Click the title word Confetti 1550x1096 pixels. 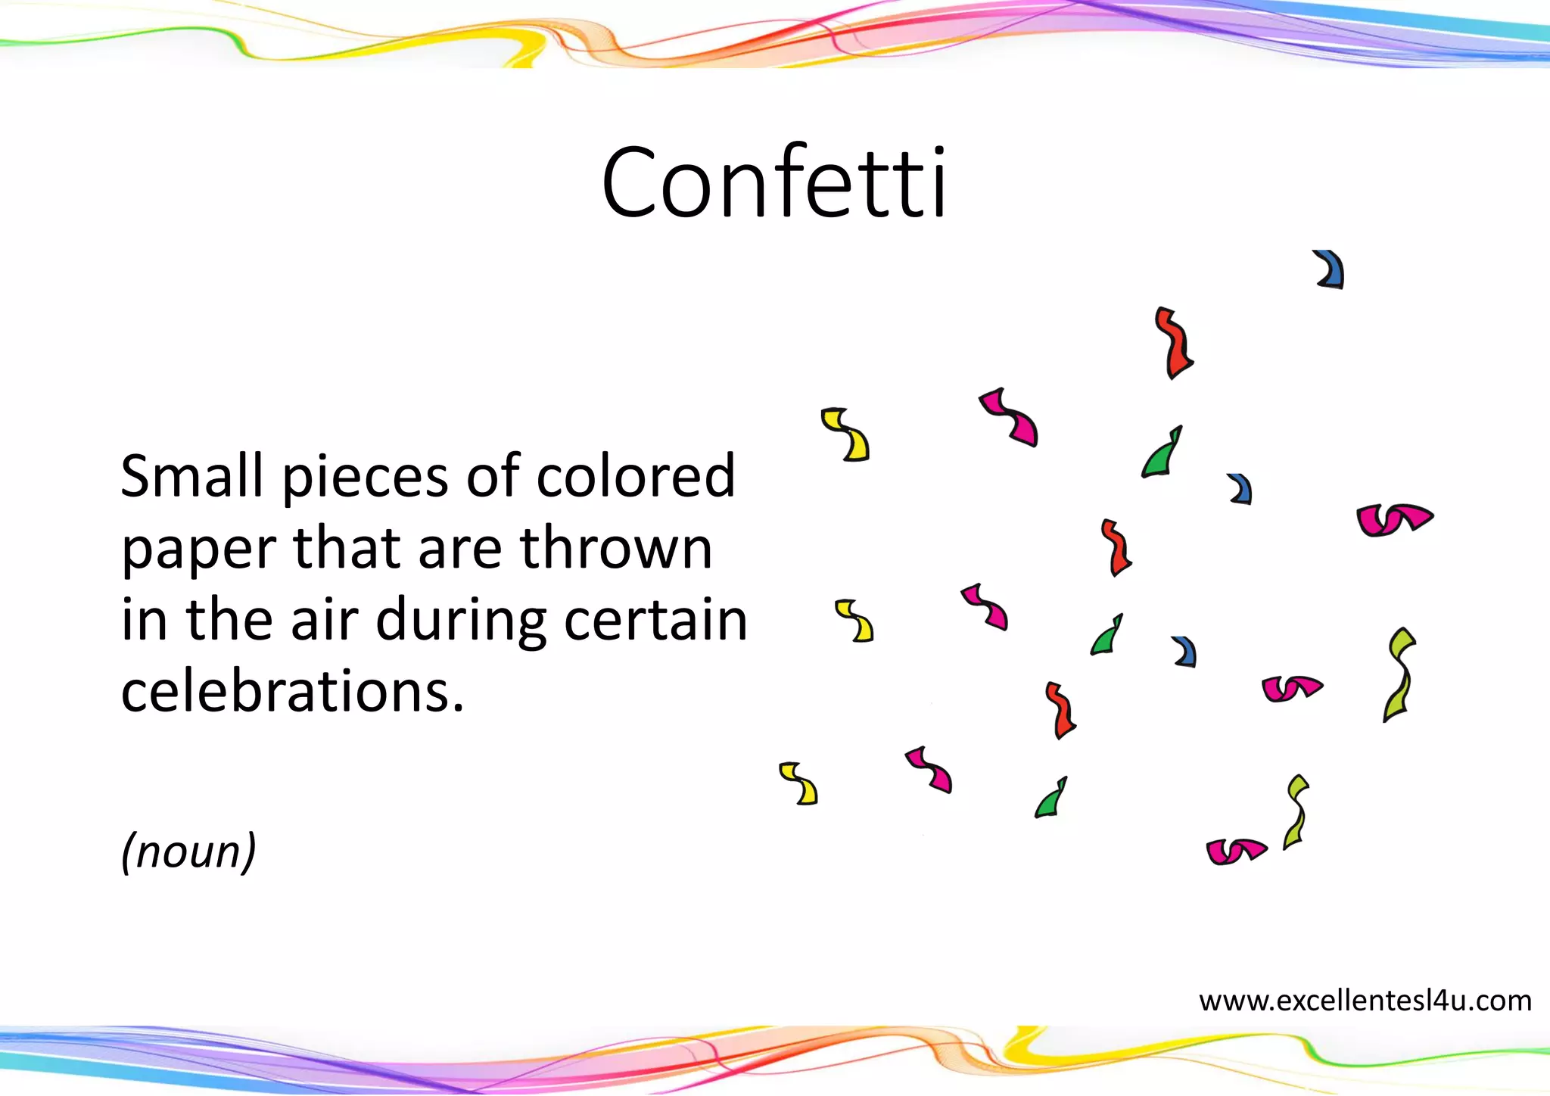773,184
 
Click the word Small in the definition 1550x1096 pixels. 191,476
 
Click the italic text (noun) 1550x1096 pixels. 188,851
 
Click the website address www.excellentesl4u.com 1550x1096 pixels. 1365,1001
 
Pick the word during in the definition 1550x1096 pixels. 461,621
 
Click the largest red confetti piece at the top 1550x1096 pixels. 1174,343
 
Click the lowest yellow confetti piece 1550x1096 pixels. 799,783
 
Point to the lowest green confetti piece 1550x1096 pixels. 1051,799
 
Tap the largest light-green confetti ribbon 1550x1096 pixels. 1400,674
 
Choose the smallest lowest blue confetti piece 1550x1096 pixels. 1185,652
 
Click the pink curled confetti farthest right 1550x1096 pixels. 1393,519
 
